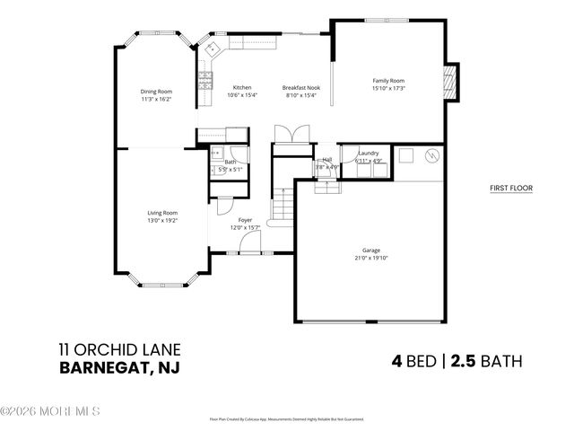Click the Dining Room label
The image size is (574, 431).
155,91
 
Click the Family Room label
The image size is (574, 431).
388,81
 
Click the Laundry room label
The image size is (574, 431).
369,154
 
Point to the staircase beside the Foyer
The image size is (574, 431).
284,208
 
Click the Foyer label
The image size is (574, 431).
245,220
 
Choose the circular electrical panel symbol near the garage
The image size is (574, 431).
431,155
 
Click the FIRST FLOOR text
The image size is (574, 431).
511,189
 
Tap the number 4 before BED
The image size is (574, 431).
396,361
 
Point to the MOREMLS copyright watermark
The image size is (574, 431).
50,412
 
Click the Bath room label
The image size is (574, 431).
230,162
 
